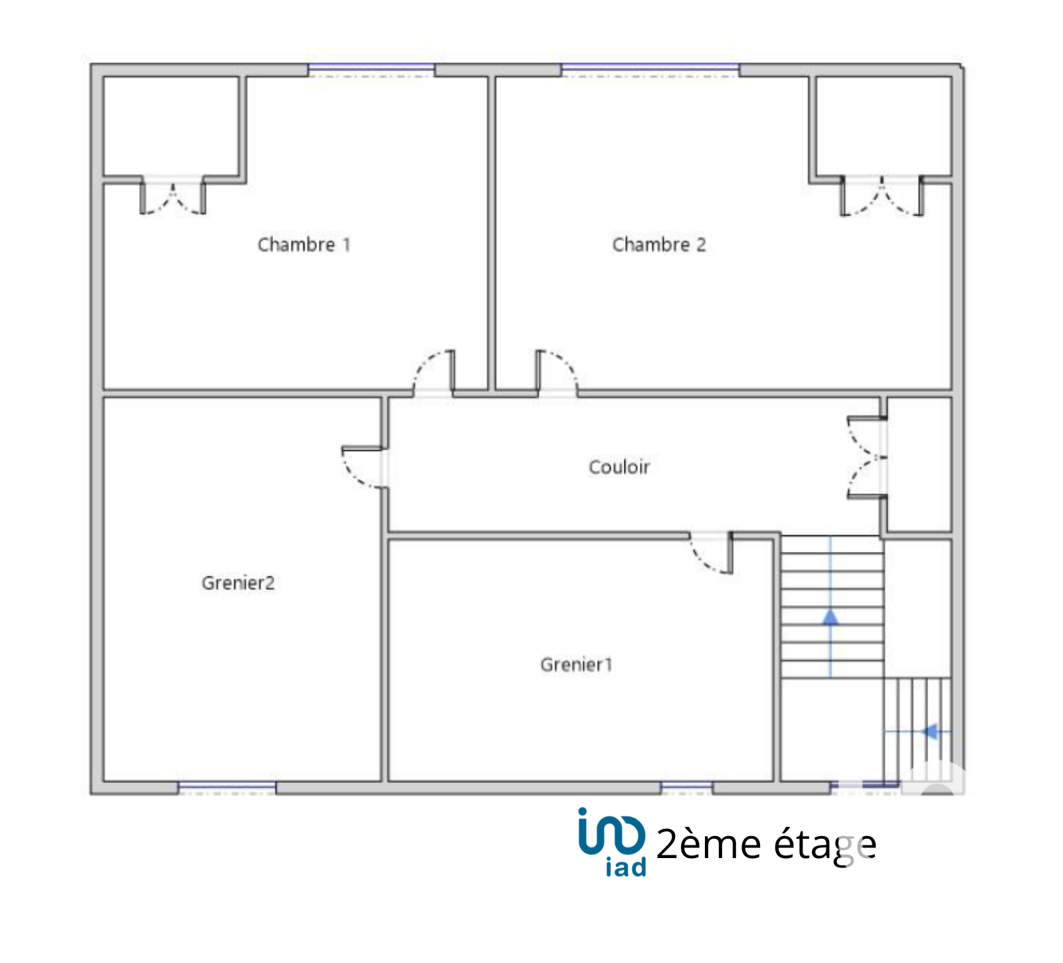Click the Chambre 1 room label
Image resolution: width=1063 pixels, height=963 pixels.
click(x=304, y=244)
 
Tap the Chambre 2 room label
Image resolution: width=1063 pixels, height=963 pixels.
click(x=659, y=244)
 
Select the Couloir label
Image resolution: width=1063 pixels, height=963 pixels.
click(x=619, y=467)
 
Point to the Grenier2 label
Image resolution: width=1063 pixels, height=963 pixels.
click(x=238, y=582)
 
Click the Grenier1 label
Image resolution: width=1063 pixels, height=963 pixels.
click(x=576, y=664)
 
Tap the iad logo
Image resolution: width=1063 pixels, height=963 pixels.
click(x=612, y=842)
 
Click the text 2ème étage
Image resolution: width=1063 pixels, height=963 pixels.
click(x=766, y=845)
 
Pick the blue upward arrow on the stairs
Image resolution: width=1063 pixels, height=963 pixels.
click(x=830, y=607)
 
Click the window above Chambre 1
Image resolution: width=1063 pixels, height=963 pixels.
click(x=371, y=70)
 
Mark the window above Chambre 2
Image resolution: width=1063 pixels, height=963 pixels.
click(x=650, y=70)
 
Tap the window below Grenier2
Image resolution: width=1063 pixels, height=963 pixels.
click(x=227, y=788)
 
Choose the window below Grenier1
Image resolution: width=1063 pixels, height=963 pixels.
click(x=686, y=788)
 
